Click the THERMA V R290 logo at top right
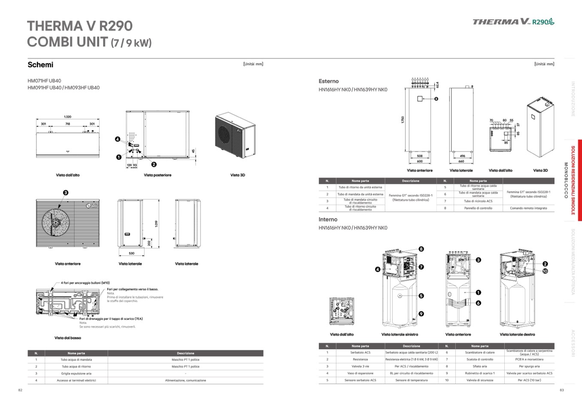pyautogui.click(x=513, y=21)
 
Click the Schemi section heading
pyautogui.click(x=40, y=65)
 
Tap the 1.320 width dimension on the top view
pyautogui.click(x=67, y=117)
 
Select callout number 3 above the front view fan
pyautogui.click(x=66, y=193)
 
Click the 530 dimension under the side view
pyautogui.click(x=131, y=253)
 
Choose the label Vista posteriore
pyautogui.click(x=158, y=175)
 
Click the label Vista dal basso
pyautogui.click(x=67, y=338)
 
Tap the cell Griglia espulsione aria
pyautogui.click(x=76, y=373)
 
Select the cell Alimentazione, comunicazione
pyautogui.click(x=185, y=380)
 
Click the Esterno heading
pyautogui.click(x=328, y=81)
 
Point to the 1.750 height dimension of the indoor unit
pyautogui.click(x=403, y=120)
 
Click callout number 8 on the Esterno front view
pyautogui.click(x=436, y=99)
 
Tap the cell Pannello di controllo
pyautogui.click(x=478, y=208)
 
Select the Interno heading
pyautogui.click(x=328, y=220)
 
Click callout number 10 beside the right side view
pyautogui.click(x=545, y=271)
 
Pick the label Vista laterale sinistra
pyautogui.click(x=399, y=334)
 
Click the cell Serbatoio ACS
pyautogui.click(x=360, y=352)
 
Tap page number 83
pyautogui.click(x=561, y=390)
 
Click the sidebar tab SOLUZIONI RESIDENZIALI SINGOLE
pyautogui.click(x=573, y=180)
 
